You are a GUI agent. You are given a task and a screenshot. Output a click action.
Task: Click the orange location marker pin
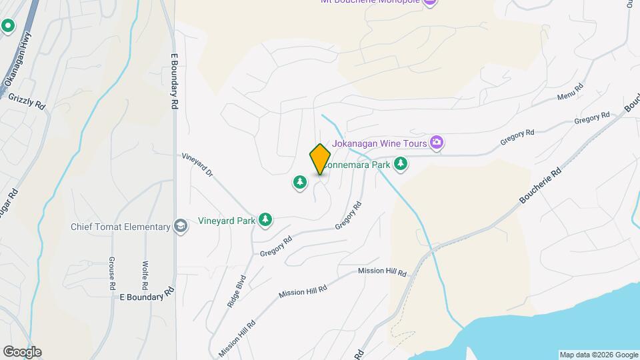point(320,159)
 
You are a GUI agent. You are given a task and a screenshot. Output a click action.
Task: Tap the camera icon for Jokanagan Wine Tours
point(437,141)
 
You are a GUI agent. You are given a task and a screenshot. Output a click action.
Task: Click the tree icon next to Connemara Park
point(400,163)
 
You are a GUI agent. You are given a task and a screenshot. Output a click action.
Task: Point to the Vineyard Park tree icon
point(265,219)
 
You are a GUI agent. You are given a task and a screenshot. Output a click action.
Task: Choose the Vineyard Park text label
point(227,220)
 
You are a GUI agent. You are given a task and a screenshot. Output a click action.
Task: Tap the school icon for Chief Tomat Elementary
point(180,227)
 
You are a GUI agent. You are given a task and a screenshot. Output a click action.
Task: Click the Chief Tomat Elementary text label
point(121,227)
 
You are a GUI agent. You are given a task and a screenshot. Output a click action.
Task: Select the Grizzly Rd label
point(27,101)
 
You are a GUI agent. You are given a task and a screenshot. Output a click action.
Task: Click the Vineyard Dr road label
point(197,165)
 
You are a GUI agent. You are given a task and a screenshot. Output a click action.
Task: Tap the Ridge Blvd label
point(236,291)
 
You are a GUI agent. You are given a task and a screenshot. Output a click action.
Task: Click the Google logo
point(22,352)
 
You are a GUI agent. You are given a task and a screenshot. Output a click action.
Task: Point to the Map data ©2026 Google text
point(598,355)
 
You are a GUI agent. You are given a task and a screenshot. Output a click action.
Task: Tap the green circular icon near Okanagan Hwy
point(8,26)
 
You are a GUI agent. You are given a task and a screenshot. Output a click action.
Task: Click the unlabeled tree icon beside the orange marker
point(300,182)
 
